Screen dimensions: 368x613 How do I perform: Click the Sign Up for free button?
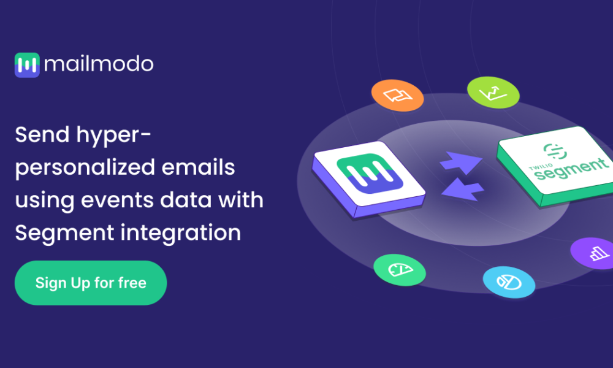coord(91,283)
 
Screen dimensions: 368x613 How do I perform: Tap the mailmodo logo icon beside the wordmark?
coord(27,64)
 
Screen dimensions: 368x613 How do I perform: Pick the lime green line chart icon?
coord(493,93)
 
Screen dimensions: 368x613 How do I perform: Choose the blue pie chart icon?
coord(509,282)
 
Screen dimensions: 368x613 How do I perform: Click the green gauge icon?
coord(400,269)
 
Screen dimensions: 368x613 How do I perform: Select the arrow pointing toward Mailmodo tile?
coord(460,189)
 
